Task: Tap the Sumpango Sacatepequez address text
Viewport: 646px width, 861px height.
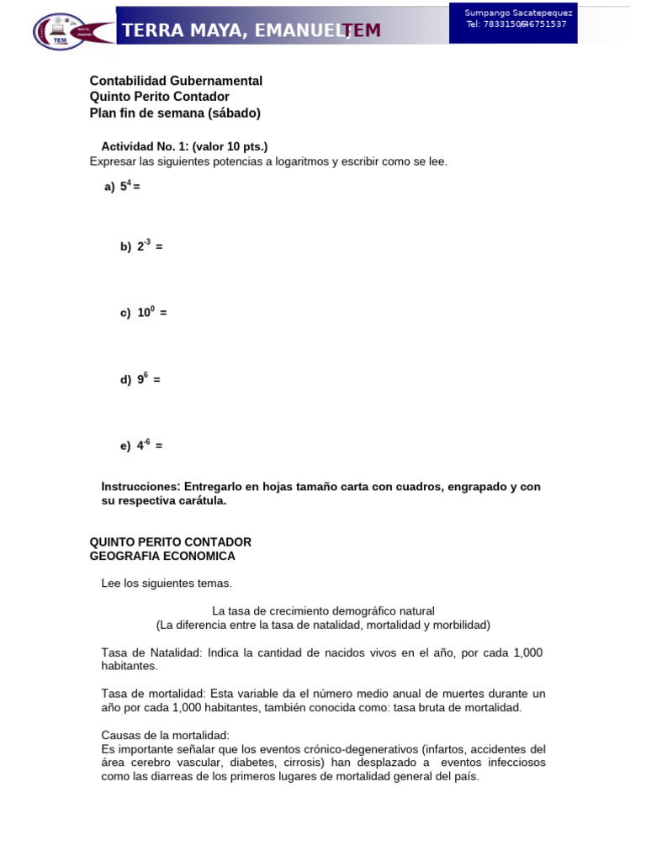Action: point(518,13)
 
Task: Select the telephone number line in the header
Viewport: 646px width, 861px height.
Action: point(516,24)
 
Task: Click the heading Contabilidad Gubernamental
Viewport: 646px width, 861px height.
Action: point(176,81)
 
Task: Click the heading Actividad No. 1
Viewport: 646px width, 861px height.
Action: point(184,146)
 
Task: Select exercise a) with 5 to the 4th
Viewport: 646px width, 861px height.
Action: point(122,187)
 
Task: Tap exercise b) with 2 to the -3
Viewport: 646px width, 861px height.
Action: point(140,246)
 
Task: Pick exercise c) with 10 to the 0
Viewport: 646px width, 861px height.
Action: point(143,313)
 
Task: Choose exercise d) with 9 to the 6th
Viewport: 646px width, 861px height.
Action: point(140,379)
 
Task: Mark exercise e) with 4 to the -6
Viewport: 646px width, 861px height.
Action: point(141,446)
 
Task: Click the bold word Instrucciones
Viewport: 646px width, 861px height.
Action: point(140,487)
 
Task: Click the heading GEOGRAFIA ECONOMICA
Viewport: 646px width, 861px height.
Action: point(162,556)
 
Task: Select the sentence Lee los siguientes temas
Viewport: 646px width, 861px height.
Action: point(167,583)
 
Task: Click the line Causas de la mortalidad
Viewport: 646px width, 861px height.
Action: point(165,735)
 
